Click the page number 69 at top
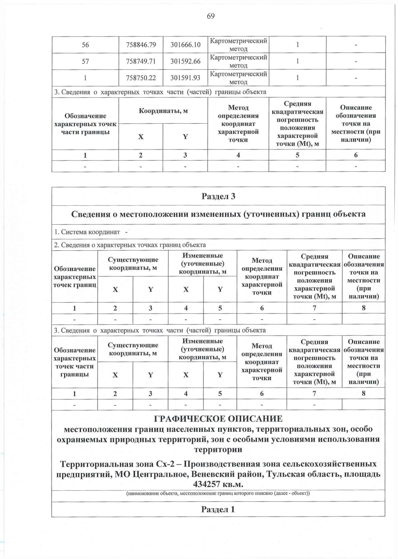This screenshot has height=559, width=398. coord(211,16)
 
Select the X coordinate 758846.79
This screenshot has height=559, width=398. coord(141,45)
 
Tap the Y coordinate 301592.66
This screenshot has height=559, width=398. coord(185,61)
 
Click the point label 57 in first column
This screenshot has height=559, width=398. coord(85,61)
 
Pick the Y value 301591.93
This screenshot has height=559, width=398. coord(185,78)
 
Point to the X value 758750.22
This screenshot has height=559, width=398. coord(141,78)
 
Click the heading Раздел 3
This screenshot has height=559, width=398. coord(218,196)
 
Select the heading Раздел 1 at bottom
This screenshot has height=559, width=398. coord(218,509)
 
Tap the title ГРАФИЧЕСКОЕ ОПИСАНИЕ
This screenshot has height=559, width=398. coord(218,418)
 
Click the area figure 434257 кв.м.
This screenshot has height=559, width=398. coord(218,484)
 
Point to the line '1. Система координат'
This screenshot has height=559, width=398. coord(87,232)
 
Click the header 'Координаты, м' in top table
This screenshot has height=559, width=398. coord(163,111)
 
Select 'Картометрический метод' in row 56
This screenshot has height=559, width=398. coord(238,45)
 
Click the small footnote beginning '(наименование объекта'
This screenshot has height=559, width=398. coord(218,493)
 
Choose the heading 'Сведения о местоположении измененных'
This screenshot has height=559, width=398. coord(218,214)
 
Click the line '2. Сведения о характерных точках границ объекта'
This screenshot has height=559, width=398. coord(130,245)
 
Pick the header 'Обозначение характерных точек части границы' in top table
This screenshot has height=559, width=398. coord(85,124)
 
